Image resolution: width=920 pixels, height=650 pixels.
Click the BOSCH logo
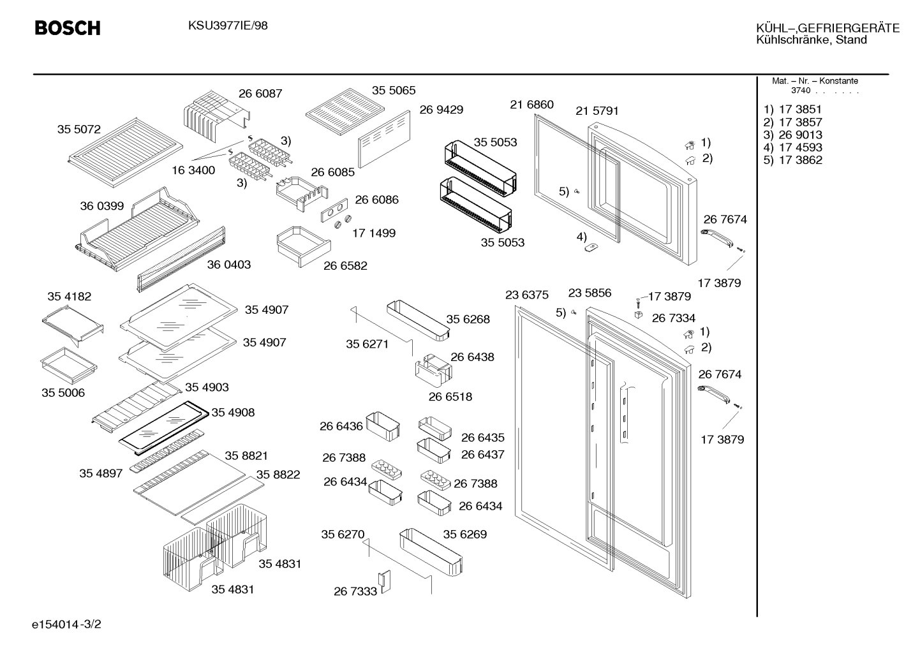pos(68,28)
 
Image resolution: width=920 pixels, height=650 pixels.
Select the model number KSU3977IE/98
pos(228,26)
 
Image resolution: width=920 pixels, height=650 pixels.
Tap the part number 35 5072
pos(79,129)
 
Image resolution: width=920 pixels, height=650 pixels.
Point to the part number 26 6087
pos(260,94)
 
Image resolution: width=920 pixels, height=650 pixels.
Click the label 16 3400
pos(193,170)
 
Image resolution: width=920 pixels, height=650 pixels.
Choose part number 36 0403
pos(229,265)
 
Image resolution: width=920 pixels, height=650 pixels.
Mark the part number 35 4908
pos(233,412)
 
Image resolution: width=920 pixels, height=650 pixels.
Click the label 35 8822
pos(278,474)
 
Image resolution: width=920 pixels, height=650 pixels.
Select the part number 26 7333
pos(355,591)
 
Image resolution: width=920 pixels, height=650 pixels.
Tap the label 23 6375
pos(526,295)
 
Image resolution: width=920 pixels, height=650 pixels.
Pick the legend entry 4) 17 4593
pos(792,147)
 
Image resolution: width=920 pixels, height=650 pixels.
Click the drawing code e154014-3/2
pos(66,624)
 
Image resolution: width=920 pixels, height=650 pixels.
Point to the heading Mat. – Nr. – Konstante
pos(815,81)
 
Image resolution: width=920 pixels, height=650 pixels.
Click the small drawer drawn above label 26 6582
pos(304,246)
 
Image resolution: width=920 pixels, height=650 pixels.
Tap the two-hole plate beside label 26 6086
pos(334,210)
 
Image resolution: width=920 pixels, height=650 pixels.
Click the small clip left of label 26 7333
pos(385,581)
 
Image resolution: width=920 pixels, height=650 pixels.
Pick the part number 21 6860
pos(532,105)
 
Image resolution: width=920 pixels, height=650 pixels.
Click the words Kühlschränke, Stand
pos(812,40)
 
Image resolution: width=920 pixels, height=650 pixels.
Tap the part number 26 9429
pos(441,110)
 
